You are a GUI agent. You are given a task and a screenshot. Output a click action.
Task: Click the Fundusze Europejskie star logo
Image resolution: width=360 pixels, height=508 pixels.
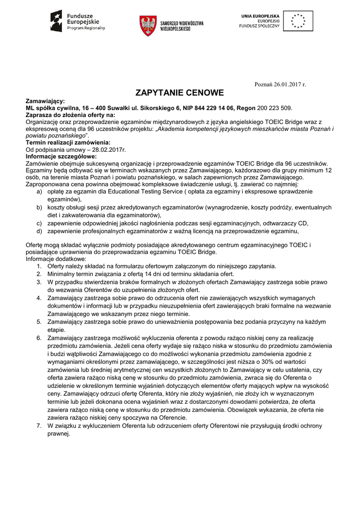(56, 21)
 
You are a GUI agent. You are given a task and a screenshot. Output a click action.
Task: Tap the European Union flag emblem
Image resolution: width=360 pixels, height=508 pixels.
(298, 21)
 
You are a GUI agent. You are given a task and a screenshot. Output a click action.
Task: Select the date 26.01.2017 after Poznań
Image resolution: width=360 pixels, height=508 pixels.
(288, 84)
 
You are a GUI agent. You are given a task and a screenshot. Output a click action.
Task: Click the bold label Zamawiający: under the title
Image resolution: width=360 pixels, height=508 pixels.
(45, 101)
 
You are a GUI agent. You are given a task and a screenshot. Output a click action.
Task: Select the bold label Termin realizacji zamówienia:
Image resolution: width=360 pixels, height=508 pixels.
(68, 143)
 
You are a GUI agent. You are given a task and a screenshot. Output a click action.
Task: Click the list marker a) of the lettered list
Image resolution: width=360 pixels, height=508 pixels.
(39, 191)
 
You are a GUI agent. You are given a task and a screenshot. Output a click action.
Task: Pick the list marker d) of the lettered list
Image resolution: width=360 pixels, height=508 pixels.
(39, 231)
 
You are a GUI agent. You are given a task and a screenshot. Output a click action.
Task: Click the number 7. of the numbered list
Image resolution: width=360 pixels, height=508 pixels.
(39, 426)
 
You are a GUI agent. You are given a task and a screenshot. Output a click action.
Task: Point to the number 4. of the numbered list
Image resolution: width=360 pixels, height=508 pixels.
(39, 298)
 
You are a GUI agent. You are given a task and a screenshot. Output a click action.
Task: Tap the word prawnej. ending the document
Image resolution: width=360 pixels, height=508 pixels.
(58, 433)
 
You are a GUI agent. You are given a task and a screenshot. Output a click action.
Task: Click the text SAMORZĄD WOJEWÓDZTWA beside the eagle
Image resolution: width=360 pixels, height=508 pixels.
(182, 23)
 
